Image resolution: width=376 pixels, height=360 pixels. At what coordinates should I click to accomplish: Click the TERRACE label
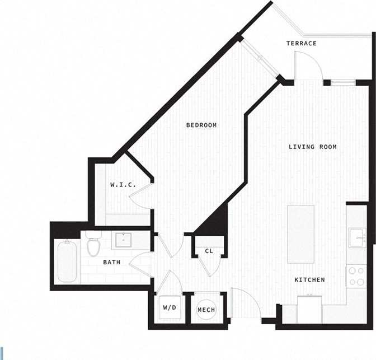302,43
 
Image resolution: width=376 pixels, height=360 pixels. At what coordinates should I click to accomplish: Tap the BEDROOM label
201,125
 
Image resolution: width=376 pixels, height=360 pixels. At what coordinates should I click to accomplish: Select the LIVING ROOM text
312,147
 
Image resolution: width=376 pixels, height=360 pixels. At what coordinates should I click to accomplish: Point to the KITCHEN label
310,279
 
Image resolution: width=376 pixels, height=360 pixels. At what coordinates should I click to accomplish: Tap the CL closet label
209,251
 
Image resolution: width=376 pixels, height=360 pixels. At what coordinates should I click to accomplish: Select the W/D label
169,307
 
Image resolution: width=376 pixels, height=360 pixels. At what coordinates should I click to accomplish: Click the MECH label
206,310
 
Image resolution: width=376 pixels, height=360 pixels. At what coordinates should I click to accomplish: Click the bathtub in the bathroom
67,261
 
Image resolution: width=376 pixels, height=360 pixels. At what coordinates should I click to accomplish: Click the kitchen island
300,234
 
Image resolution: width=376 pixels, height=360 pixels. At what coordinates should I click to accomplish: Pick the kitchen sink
356,239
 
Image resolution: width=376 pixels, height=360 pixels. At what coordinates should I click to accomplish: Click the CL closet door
209,266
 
